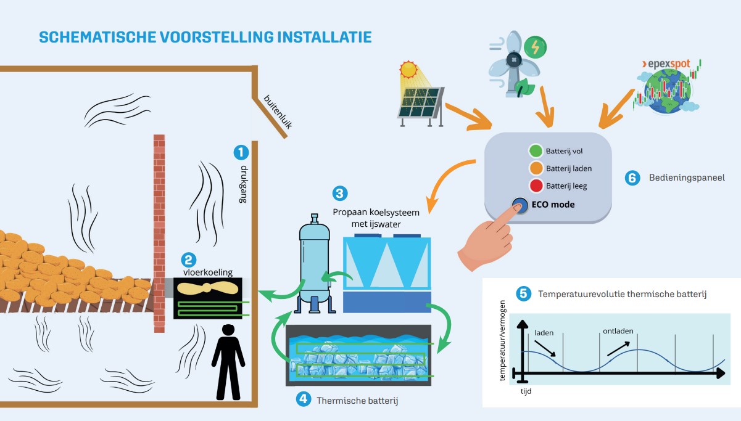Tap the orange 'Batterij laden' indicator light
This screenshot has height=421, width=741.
[x=535, y=168]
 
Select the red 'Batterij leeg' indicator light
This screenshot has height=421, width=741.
[x=535, y=185]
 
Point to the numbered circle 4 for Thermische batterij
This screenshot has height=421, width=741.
[x=303, y=399]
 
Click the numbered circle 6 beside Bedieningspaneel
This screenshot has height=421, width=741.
[x=631, y=178]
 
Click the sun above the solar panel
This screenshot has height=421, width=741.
[x=408, y=68]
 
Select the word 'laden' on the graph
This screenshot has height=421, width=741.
[x=544, y=333]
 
